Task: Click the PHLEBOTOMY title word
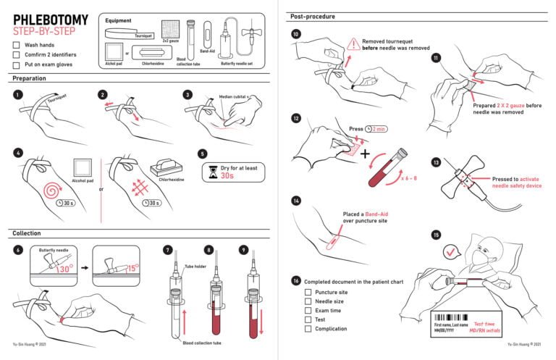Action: tap(50, 20)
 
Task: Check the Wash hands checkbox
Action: tap(17, 45)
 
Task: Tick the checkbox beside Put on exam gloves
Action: tap(17, 64)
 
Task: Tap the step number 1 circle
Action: tap(17, 94)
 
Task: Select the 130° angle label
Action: tap(64, 269)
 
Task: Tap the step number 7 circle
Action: tap(168, 251)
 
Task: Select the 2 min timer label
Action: tap(378, 129)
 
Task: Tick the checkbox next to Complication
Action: tap(308, 328)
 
